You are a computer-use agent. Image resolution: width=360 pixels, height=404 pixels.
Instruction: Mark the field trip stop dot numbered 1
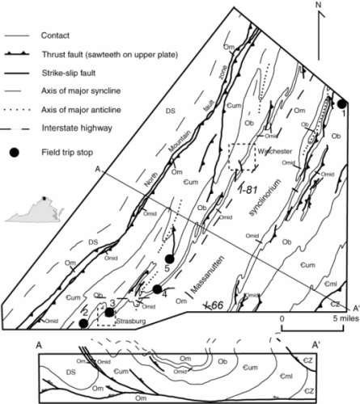click(342, 103)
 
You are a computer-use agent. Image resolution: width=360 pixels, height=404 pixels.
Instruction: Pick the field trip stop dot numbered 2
click(83, 323)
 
